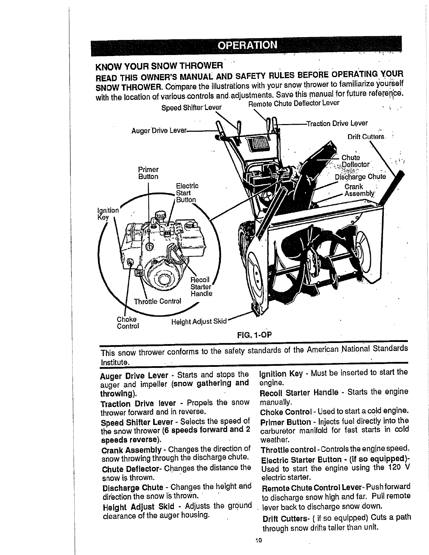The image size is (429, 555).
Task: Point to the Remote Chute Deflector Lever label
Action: [x=294, y=103]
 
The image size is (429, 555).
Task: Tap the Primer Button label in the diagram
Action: [x=148, y=173]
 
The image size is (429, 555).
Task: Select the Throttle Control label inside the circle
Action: [x=158, y=301]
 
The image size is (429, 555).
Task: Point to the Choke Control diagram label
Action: [x=128, y=323]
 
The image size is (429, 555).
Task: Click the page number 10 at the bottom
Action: [x=259, y=540]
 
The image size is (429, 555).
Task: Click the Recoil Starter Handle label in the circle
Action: [x=201, y=287]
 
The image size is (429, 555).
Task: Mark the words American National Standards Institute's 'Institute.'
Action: [x=115, y=361]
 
